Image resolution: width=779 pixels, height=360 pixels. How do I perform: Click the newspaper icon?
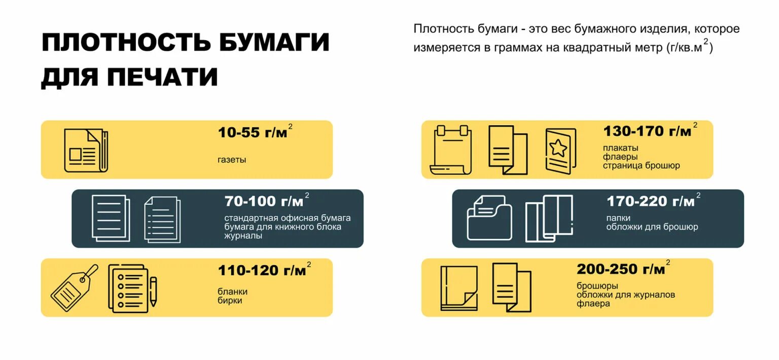coord(86,150)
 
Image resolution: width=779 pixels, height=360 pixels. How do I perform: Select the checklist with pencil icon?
coord(131,287)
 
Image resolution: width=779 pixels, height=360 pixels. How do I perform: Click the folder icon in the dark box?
coord(489,218)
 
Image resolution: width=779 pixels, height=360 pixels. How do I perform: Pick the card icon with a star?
coord(560,151)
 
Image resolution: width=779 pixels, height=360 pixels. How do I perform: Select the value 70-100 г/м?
coord(264,201)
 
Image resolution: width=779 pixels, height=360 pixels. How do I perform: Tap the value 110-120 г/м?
coord(262,271)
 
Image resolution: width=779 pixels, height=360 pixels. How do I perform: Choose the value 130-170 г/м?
coord(647,131)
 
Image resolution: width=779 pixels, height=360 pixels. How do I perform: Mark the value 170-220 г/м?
coord(650,201)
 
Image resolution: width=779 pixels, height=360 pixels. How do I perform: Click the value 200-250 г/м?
coord(620,269)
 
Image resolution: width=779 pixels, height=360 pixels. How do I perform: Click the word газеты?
coord(232,160)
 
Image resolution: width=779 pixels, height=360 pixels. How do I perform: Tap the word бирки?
coord(230,300)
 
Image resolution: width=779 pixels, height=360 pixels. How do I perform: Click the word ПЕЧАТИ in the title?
coord(162,77)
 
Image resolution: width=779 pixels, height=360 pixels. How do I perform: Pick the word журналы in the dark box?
coord(243,236)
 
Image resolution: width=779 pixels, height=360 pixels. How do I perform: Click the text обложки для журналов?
coord(625,295)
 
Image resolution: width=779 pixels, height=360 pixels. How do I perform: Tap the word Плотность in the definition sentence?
coord(443,29)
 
